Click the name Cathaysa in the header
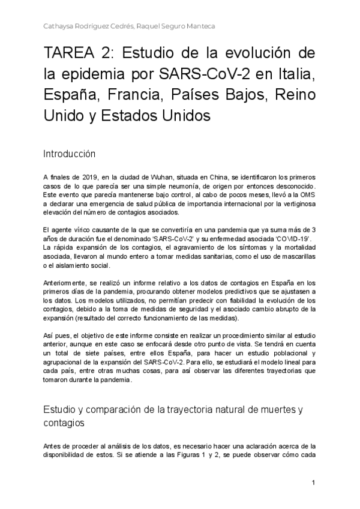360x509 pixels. (59, 26)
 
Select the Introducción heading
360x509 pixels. (70, 154)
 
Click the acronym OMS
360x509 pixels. (307, 196)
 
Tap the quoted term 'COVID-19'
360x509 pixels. (299, 238)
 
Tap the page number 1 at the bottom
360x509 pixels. (314, 483)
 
